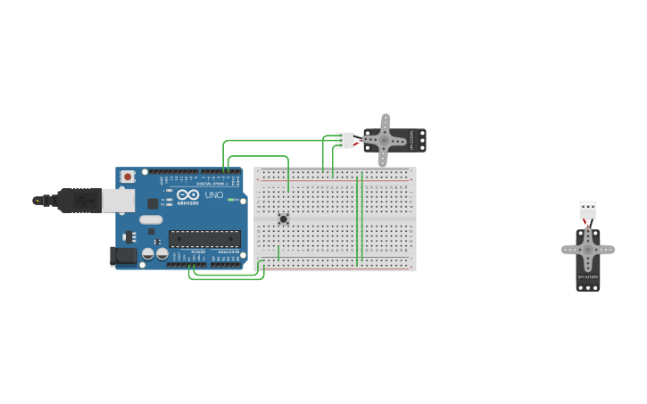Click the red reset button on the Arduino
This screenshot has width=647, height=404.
pos(128,177)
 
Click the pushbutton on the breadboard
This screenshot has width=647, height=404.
pos(284,218)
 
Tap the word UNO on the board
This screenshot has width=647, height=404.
pos(214,194)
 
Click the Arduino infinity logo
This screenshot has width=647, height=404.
pos(187,194)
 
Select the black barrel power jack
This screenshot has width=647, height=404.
pos(123,257)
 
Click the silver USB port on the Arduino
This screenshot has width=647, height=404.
pos(118,201)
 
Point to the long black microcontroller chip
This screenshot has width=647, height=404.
pos(204,238)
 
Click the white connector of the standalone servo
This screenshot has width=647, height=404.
pos(587,210)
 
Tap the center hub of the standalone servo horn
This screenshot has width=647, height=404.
pos(587,251)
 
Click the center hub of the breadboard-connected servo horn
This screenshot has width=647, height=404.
pos(386,140)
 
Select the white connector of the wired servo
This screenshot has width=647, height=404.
pos(344,140)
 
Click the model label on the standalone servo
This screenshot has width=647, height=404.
pos(587,278)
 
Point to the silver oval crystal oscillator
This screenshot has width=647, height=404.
pos(151,219)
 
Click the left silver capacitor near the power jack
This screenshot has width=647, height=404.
pos(149,255)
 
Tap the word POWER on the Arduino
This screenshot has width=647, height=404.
pos(197,252)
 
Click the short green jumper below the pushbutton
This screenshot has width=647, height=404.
pos(278,253)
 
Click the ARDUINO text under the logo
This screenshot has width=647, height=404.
pos(187,203)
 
